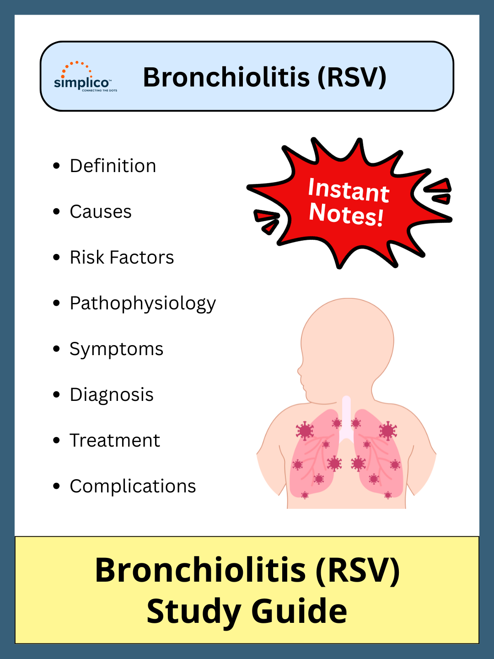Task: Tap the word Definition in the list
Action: tap(113, 166)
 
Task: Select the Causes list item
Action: tap(101, 211)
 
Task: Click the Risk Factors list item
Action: tap(122, 257)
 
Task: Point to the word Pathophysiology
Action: tap(143, 303)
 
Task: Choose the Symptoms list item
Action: tap(116, 349)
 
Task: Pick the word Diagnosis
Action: tap(112, 395)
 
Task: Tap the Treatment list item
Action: tap(115, 440)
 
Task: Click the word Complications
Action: tap(133, 486)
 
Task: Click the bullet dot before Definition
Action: tap(57, 166)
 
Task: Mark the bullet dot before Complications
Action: tap(57, 486)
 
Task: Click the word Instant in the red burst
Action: tap(349, 190)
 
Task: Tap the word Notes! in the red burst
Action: tap(346, 214)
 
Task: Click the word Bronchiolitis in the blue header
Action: tap(226, 77)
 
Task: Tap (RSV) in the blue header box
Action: tap(352, 77)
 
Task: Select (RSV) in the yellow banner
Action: tap(358, 570)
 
